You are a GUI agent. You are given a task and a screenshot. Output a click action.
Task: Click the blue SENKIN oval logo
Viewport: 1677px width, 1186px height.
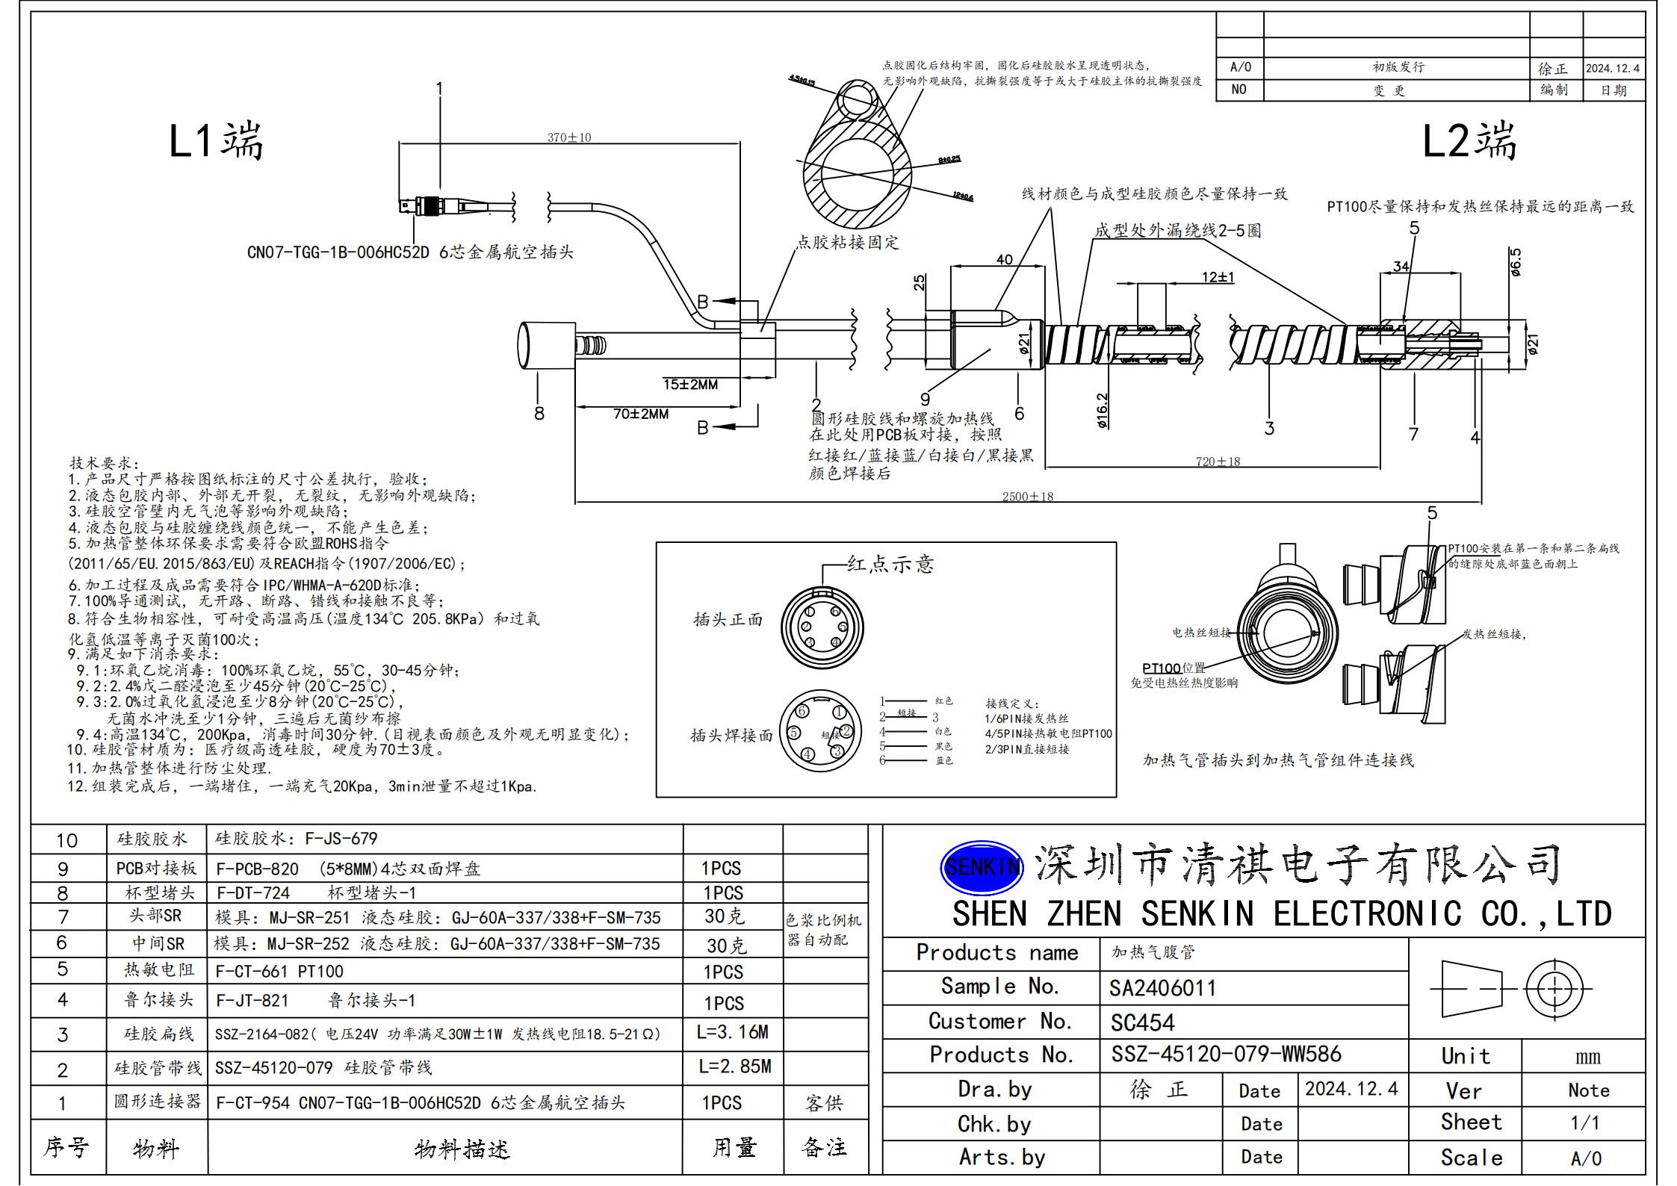(x=981, y=867)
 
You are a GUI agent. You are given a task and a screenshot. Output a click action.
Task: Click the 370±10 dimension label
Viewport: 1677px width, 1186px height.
(x=569, y=137)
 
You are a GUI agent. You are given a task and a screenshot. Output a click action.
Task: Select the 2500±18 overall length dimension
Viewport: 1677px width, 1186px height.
(x=1028, y=496)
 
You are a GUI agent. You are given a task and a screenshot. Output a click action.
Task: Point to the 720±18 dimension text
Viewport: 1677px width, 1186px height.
(x=1218, y=462)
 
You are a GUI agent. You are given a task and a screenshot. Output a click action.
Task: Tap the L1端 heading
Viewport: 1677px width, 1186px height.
(x=216, y=140)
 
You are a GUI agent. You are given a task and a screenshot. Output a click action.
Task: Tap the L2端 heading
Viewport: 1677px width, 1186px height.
(x=1469, y=140)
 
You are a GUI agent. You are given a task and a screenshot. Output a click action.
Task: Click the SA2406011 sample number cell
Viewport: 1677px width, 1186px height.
(x=1162, y=988)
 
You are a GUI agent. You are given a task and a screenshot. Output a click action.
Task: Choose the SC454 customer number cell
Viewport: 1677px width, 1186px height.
(x=1142, y=1022)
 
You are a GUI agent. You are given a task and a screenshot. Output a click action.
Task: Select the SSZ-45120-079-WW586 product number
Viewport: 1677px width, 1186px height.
(x=1226, y=1054)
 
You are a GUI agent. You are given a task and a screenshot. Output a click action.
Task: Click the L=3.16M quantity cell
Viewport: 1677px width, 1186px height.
(x=732, y=1032)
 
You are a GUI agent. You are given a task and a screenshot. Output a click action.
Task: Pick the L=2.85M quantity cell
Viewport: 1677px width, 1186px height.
(x=734, y=1067)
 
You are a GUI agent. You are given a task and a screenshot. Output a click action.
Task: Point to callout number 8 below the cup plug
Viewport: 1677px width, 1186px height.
(x=539, y=413)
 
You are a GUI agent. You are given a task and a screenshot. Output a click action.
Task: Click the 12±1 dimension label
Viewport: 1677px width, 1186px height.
(x=1218, y=277)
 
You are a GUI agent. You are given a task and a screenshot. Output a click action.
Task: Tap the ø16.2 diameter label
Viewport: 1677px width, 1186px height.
(x=1103, y=411)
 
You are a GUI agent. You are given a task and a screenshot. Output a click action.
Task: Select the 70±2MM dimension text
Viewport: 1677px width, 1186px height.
(x=640, y=414)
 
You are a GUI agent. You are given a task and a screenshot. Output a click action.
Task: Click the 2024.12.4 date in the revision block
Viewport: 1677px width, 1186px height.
(x=1612, y=68)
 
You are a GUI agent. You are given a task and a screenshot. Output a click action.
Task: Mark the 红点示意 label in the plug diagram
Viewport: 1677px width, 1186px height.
(x=890, y=565)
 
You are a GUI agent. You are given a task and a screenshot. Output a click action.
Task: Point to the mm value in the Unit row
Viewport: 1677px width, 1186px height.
(x=1587, y=1057)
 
